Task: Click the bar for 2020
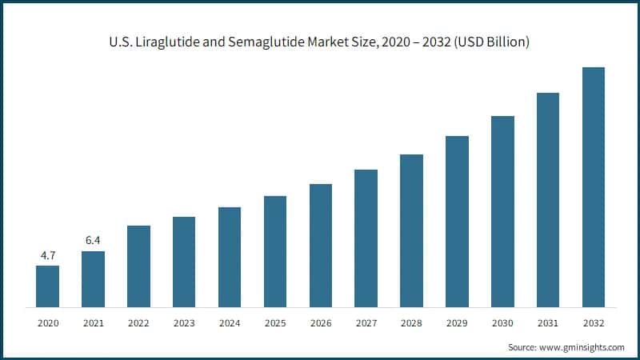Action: (47, 286)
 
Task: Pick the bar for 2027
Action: (366, 238)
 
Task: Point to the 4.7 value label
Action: (47, 255)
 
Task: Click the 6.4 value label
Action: (93, 240)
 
